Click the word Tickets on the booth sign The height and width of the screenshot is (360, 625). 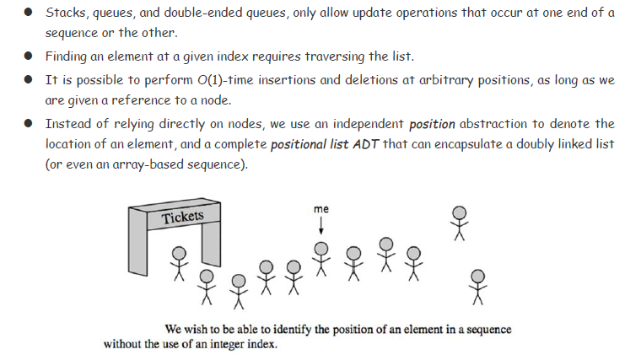click(183, 217)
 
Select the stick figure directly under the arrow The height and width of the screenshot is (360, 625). click(321, 258)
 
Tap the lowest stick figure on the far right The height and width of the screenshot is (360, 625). click(478, 286)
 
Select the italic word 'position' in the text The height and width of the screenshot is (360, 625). click(432, 125)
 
